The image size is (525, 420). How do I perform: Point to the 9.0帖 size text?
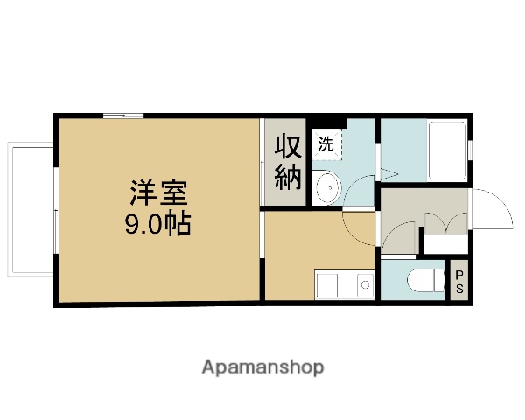tap(157, 223)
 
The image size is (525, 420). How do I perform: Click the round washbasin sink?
tap(326, 185)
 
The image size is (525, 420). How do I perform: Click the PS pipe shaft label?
tap(458, 282)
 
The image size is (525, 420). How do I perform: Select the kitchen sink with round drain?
tap(364, 285)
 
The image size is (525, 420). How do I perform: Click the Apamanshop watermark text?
tap(262, 367)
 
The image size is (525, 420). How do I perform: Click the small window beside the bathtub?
tap(470, 149)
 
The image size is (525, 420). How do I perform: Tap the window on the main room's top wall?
tap(122, 115)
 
